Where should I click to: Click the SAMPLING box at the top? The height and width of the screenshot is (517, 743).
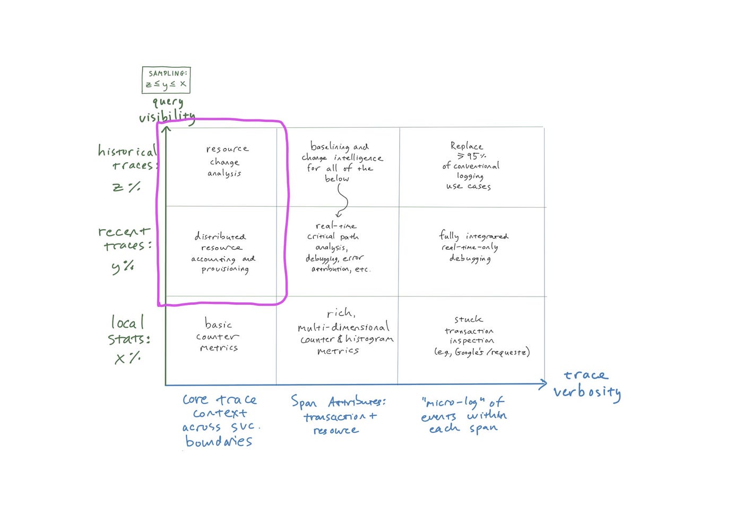click(166, 80)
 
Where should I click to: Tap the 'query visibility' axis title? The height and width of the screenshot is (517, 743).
click(167, 110)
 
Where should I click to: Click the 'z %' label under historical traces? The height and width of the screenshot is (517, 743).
click(126, 187)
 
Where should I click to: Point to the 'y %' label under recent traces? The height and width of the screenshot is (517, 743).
click(123, 267)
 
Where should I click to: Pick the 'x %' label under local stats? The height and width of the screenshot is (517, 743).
click(127, 357)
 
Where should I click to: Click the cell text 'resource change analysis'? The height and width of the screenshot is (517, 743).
click(226, 161)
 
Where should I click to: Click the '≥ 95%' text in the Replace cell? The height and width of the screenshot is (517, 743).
click(471, 155)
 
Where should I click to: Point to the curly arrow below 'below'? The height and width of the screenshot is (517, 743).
click(342, 200)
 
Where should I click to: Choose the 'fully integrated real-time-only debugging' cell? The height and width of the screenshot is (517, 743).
click(473, 247)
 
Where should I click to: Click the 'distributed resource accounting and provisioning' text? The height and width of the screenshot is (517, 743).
click(224, 253)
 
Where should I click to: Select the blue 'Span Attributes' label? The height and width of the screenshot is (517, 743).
click(339, 401)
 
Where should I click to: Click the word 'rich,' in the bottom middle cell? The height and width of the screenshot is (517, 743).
click(341, 312)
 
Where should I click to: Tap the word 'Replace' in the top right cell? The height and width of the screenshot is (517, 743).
click(466, 145)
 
